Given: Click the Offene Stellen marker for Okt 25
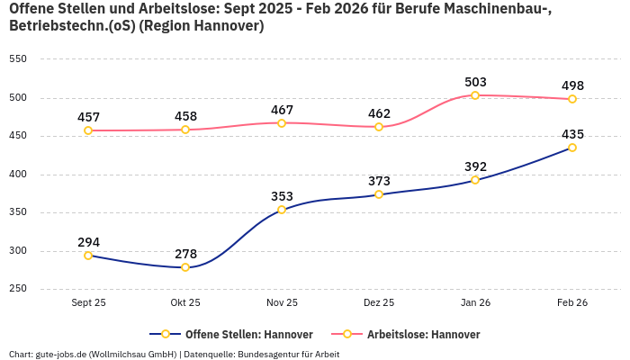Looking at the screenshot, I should [x=185, y=267].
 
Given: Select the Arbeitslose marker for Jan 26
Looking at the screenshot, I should [x=475, y=95].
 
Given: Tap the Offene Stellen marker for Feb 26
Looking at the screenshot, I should [x=572, y=148].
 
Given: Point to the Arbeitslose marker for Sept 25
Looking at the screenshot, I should [x=88, y=130].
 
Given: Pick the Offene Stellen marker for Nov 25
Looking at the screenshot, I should [x=282, y=210].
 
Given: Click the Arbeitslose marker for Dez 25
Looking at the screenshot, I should [x=379, y=127].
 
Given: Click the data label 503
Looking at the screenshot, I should [x=475, y=82].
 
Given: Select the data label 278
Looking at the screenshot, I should [x=185, y=254].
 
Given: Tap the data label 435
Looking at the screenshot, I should [x=572, y=134].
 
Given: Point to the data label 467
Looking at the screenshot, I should [x=282, y=110].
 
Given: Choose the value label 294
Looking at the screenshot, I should [x=88, y=242].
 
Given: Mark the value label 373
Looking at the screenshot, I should [x=379, y=181].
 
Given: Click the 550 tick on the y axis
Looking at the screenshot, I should [x=17, y=59].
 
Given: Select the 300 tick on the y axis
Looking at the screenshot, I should [x=17, y=251].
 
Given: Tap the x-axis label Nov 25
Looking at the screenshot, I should [x=282, y=302].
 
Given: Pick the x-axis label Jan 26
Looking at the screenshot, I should [x=475, y=302].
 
